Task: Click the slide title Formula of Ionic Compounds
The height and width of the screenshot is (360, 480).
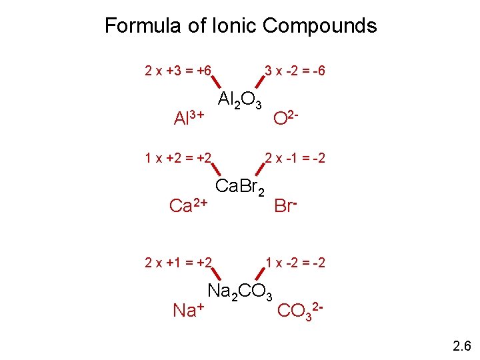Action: (x=240, y=26)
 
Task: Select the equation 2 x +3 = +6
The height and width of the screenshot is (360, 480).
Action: (x=178, y=70)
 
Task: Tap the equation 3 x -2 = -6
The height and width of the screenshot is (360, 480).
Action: (x=295, y=70)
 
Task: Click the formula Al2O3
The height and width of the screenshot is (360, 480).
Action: (x=240, y=101)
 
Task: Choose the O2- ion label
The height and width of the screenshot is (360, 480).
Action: (x=290, y=117)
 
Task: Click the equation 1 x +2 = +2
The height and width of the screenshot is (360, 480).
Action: (x=178, y=158)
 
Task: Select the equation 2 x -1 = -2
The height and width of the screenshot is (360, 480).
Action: (x=295, y=158)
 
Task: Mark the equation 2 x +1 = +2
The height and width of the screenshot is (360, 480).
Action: (x=178, y=263)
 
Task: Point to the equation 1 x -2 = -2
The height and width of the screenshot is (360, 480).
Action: (x=295, y=263)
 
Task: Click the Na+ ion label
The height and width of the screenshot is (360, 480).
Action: (x=188, y=309)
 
